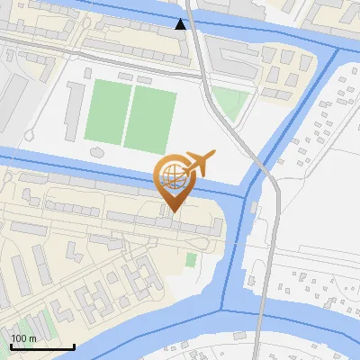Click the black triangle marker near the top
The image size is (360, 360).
[x=181, y=24]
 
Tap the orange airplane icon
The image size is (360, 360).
[x=198, y=165]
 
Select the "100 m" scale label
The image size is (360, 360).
[x=24, y=338]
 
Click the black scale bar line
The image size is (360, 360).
[x=42, y=346]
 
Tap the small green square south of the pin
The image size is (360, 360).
[x=191, y=260]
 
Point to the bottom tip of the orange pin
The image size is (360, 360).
[x=172, y=212]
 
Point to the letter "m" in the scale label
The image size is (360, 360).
[x=32, y=338]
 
